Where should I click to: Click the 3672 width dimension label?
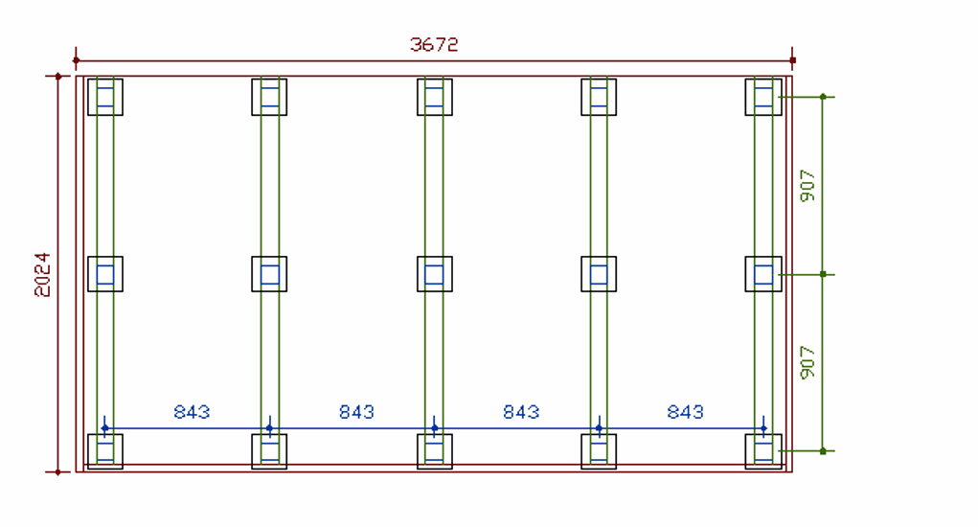pyautogui.click(x=434, y=44)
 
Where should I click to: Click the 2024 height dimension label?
pyautogui.click(x=43, y=274)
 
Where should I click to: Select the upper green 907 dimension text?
pyautogui.click(x=808, y=185)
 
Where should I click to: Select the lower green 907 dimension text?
pyautogui.click(x=808, y=362)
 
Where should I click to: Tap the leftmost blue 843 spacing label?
pyautogui.click(x=192, y=412)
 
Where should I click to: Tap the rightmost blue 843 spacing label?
pyautogui.click(x=686, y=412)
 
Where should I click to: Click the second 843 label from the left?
pyautogui.click(x=356, y=412)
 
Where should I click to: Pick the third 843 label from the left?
pyautogui.click(x=521, y=412)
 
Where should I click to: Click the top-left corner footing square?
pyautogui.click(x=105, y=97)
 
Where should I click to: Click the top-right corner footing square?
pyautogui.click(x=763, y=97)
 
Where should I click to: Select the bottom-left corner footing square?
pyautogui.click(x=105, y=451)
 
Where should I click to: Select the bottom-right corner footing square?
pyautogui.click(x=763, y=451)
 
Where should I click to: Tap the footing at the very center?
pyautogui.click(x=435, y=274)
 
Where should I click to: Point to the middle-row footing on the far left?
pyautogui.click(x=105, y=274)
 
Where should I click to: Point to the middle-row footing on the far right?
pyautogui.click(x=763, y=274)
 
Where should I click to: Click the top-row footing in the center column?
pyautogui.click(x=435, y=97)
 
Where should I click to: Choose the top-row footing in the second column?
pyautogui.click(x=269, y=97)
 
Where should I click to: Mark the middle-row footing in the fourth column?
pyautogui.click(x=599, y=274)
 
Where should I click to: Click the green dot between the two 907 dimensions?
pyautogui.click(x=823, y=274)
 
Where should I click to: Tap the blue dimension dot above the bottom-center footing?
pyautogui.click(x=435, y=428)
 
